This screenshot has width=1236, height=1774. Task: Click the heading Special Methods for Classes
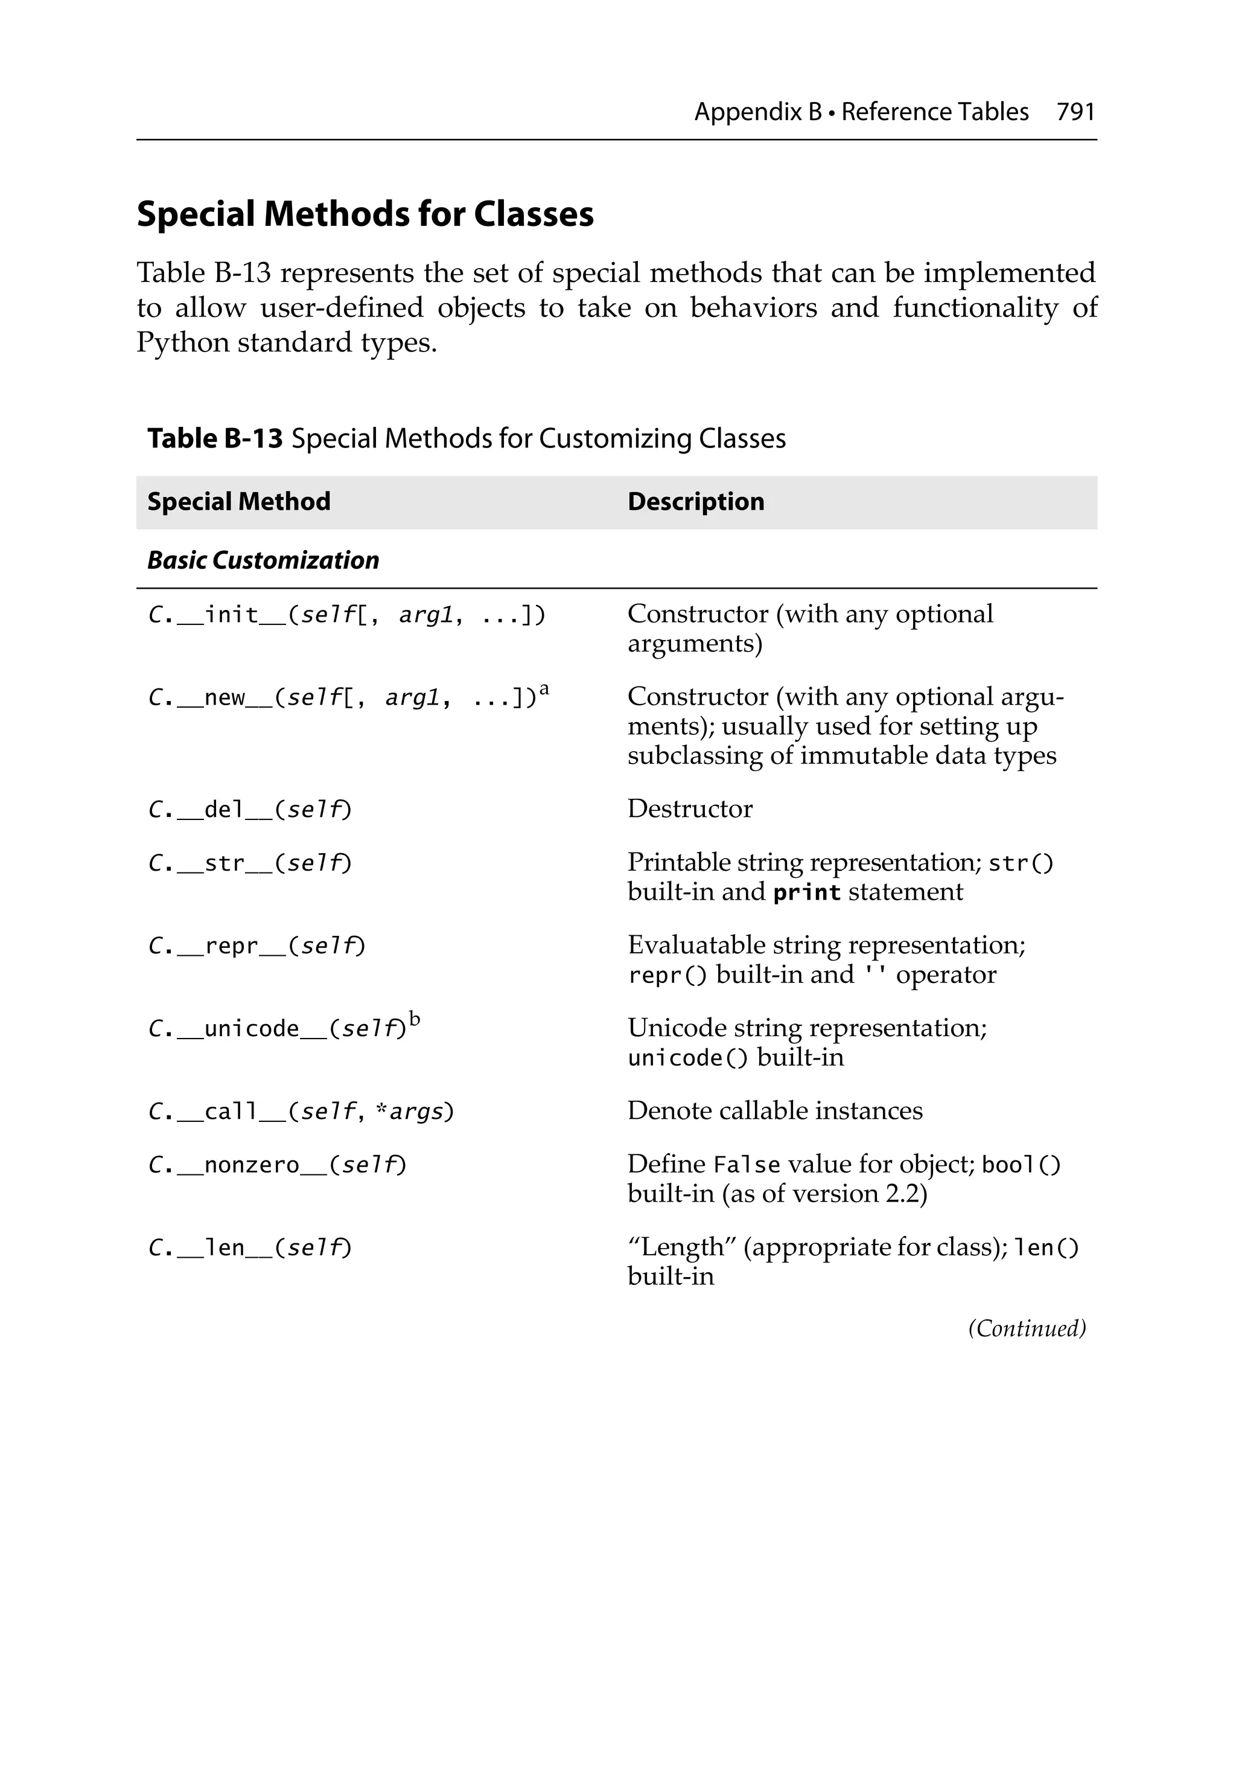(365, 214)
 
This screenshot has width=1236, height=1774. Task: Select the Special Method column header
(239, 501)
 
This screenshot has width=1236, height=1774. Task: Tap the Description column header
(695, 501)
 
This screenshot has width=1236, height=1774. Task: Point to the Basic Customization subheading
(263, 560)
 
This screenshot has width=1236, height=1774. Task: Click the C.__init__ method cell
(346, 615)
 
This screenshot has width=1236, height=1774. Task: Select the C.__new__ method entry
(340, 697)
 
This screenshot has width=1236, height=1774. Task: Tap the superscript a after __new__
(544, 689)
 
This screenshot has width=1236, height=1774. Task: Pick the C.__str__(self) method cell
(249, 863)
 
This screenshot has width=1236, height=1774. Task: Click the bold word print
(806, 892)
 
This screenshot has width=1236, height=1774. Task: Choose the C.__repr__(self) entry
(256, 946)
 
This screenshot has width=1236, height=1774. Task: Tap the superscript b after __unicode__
(415, 1019)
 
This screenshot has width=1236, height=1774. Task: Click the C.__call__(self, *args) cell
(301, 1112)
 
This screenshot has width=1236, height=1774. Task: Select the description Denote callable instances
(774, 1111)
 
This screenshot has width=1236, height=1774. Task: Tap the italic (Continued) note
(1027, 1328)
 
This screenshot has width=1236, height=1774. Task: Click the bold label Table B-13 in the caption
(215, 439)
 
